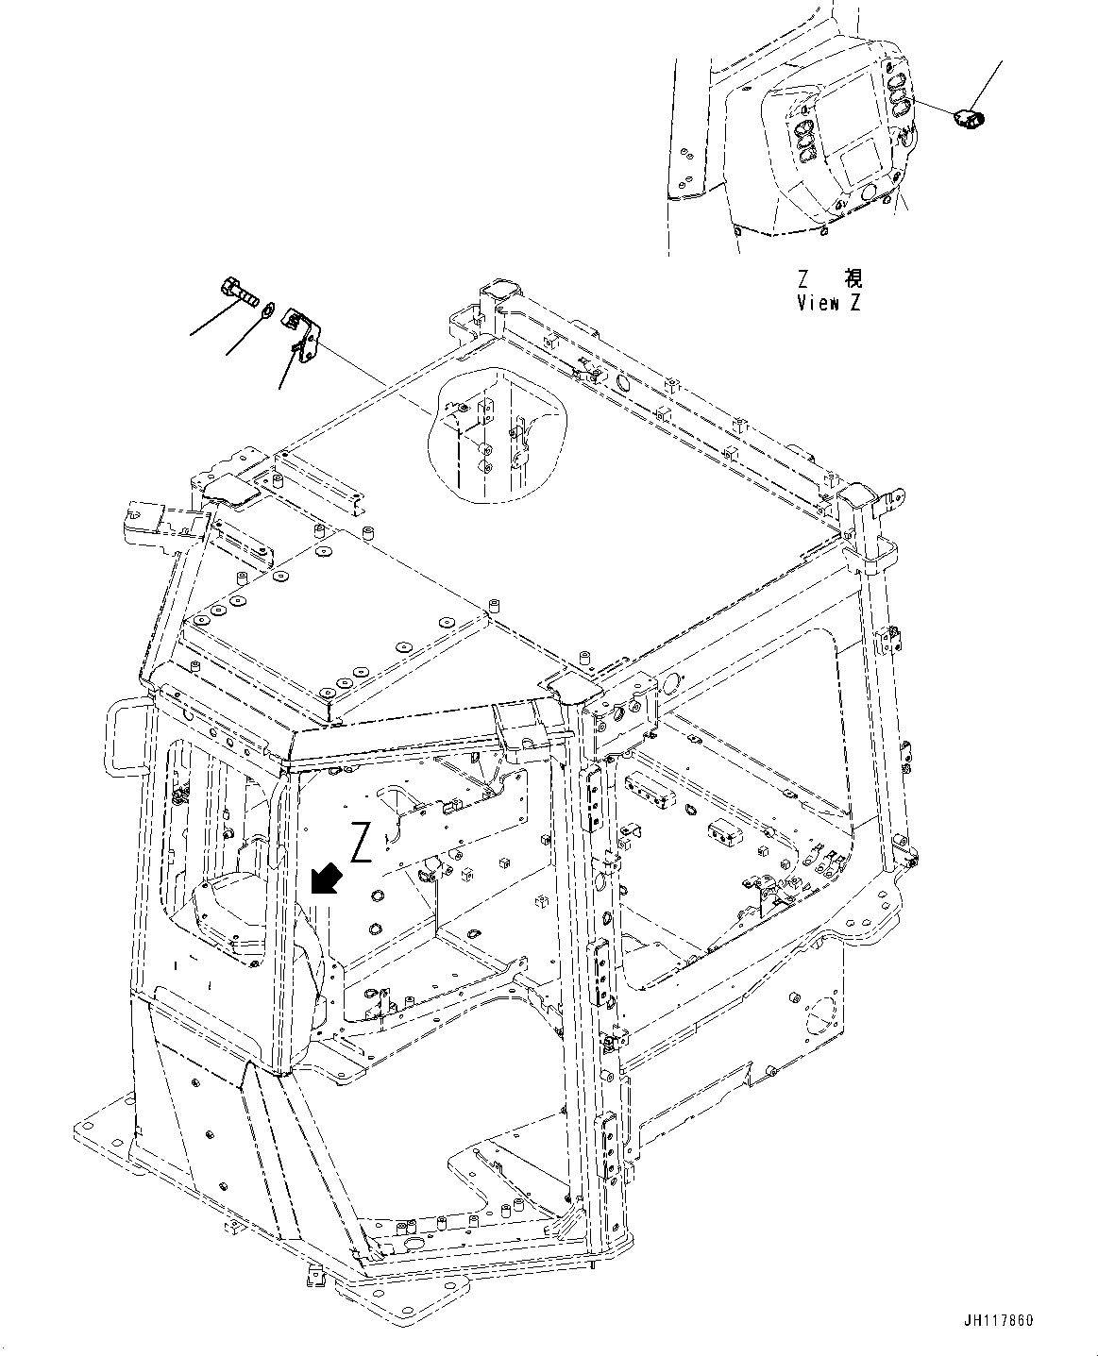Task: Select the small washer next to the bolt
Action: coord(268,309)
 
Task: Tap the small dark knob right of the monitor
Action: coord(968,118)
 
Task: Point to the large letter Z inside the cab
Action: coord(361,842)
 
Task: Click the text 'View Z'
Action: coord(829,303)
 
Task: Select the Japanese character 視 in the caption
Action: coord(853,278)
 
